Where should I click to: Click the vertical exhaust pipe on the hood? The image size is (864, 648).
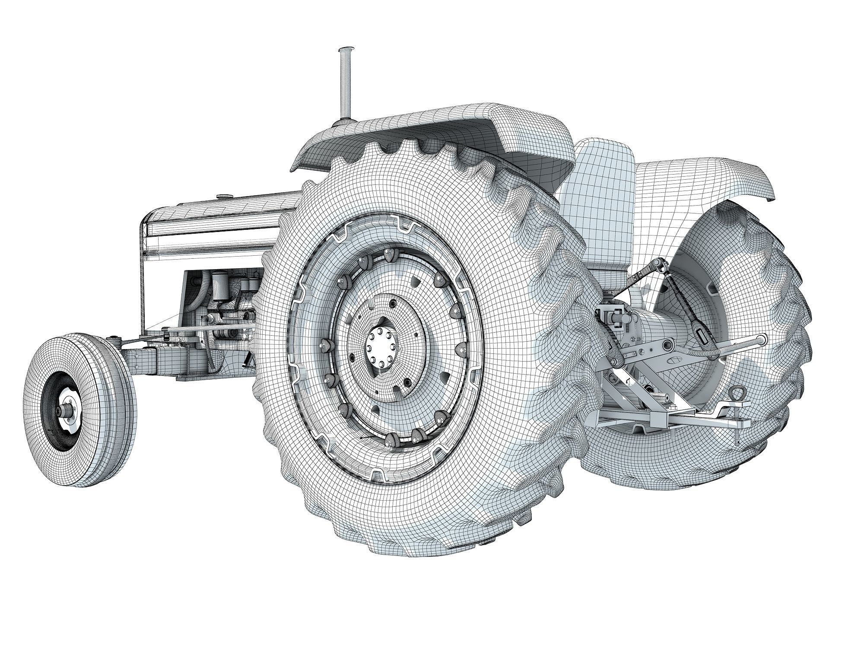[346, 86]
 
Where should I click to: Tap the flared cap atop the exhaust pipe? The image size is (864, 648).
[346, 50]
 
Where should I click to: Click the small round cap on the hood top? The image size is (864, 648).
[224, 197]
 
